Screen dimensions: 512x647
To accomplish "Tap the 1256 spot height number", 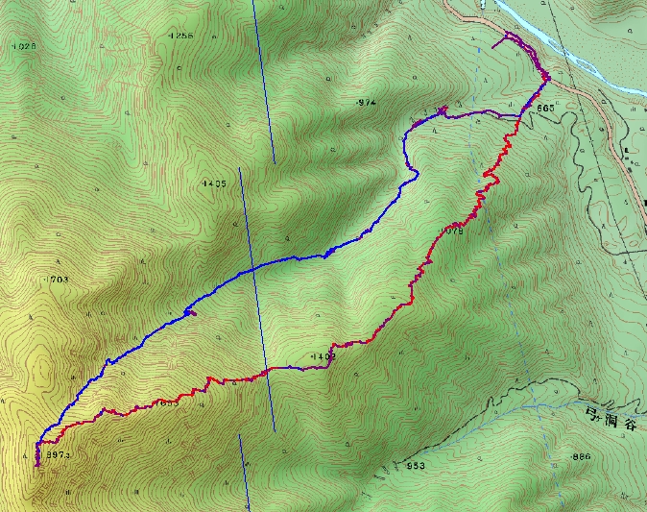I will point(180,36).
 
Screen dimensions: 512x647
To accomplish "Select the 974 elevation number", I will point(366,102).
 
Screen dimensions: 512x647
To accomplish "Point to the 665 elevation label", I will point(545,109).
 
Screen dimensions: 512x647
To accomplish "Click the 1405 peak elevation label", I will point(215,183).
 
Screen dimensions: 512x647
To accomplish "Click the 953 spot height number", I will point(415,466).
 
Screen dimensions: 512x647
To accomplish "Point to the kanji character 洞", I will point(613,416).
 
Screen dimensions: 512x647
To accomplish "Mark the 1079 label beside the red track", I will point(453,231).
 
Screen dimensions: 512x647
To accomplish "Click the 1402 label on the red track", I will point(323,357).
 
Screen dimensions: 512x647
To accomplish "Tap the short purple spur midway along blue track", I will point(191,310).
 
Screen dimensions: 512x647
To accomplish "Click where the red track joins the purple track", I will point(520,116).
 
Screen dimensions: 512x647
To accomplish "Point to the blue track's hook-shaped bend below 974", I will point(415,175).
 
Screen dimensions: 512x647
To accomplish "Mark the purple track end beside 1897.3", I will point(37,464).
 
